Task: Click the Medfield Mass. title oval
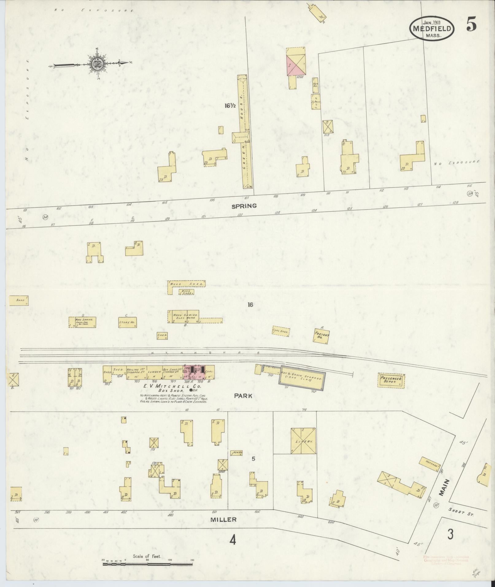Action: click(x=432, y=28)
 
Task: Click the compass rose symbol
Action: click(x=96, y=64)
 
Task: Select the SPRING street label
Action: click(x=244, y=206)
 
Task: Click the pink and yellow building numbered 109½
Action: click(x=296, y=62)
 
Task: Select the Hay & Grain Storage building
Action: click(x=301, y=378)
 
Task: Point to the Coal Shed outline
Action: click(x=281, y=331)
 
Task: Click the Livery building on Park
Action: click(x=303, y=441)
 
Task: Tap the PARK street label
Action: click(x=243, y=396)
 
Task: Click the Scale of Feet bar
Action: click(x=147, y=564)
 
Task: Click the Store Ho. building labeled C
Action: click(x=127, y=322)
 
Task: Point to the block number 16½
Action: click(x=230, y=106)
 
